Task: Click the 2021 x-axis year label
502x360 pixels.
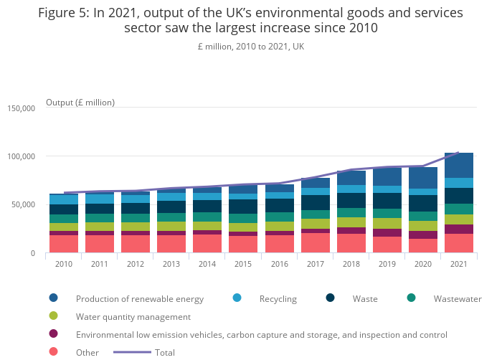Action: [459, 263]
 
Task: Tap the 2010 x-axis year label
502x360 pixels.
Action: [64, 263]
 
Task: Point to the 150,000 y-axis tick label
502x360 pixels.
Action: [21, 108]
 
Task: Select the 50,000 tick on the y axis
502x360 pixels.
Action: [23, 205]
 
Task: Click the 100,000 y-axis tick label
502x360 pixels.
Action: [21, 156]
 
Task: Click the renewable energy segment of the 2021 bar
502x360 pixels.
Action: [459, 165]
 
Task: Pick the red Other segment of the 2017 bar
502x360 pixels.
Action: [315, 242]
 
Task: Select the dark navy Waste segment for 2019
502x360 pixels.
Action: [387, 200]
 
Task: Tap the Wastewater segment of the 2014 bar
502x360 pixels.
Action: [207, 217]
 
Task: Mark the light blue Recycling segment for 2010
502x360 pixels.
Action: [64, 199]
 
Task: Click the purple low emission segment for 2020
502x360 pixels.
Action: [423, 235]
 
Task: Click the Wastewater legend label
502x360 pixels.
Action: [458, 298]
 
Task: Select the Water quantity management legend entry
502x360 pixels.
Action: [133, 316]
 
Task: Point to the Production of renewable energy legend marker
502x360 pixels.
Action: [54, 298]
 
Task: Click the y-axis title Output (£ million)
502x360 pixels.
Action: [80, 103]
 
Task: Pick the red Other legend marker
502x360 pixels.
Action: [54, 352]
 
